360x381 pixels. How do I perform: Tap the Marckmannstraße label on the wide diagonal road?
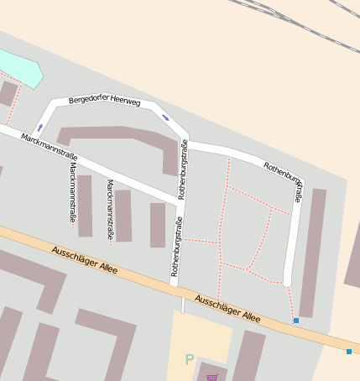50,147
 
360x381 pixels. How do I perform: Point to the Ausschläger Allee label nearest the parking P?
227,308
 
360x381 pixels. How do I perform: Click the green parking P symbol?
190,360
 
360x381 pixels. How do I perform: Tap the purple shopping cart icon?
211,378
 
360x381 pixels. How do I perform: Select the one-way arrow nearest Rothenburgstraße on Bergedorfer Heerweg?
165,117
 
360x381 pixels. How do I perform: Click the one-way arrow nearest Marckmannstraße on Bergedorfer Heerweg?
39,128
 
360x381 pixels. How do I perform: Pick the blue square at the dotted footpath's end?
295,320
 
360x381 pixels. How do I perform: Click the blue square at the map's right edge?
349,351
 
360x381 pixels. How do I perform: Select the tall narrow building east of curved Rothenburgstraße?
312,252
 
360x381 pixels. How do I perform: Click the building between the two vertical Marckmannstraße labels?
85,206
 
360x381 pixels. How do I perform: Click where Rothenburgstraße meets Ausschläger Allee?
175,287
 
